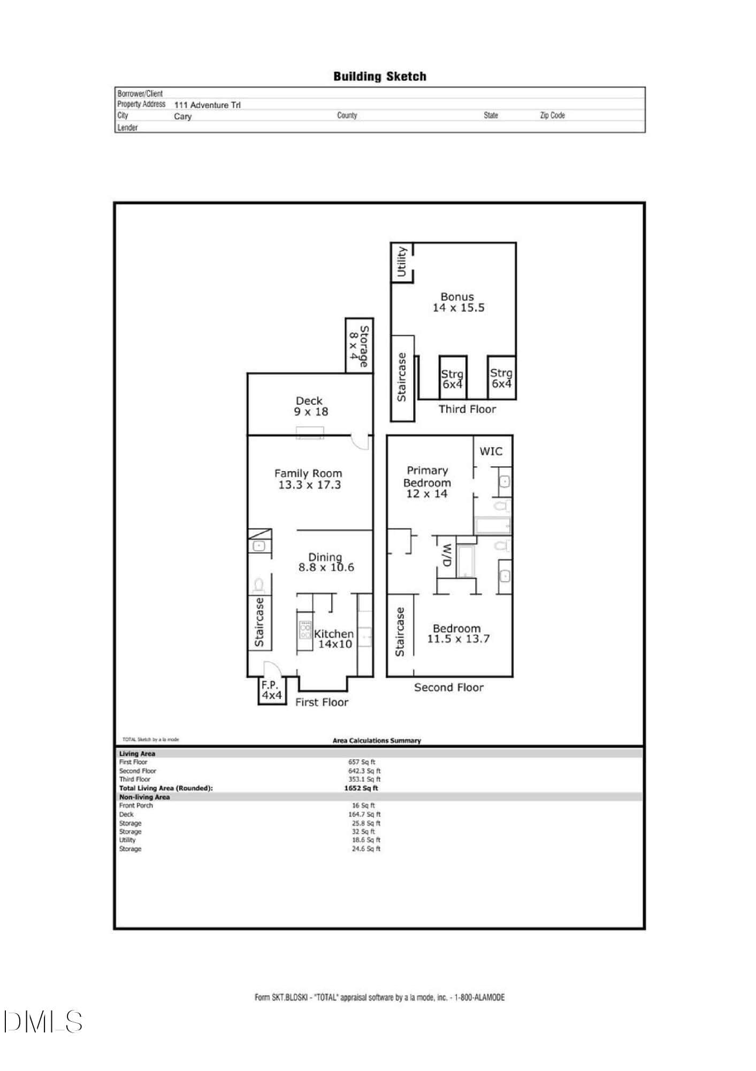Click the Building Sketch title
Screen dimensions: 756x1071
point(379,77)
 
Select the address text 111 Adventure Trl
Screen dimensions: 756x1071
point(207,105)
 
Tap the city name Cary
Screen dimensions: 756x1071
point(182,117)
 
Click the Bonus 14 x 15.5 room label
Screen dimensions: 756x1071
point(458,302)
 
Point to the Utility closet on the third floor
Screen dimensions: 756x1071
point(402,262)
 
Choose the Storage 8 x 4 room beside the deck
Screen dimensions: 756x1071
point(359,346)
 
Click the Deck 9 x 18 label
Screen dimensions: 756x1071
point(310,406)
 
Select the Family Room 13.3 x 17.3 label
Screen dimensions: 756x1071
point(309,479)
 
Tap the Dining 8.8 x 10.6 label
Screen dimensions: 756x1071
point(326,562)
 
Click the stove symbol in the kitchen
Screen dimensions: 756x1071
point(305,629)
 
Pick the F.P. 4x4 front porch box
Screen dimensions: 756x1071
point(272,690)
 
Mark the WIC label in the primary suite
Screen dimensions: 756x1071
point(491,451)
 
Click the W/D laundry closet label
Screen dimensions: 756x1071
point(447,556)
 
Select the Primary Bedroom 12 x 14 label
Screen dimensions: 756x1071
point(427,482)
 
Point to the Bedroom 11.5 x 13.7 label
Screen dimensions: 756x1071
point(458,633)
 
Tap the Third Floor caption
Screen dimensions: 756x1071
point(467,409)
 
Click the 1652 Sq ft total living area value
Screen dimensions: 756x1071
point(361,788)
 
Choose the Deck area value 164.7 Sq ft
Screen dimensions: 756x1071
point(364,814)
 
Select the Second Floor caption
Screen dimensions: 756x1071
point(448,688)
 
